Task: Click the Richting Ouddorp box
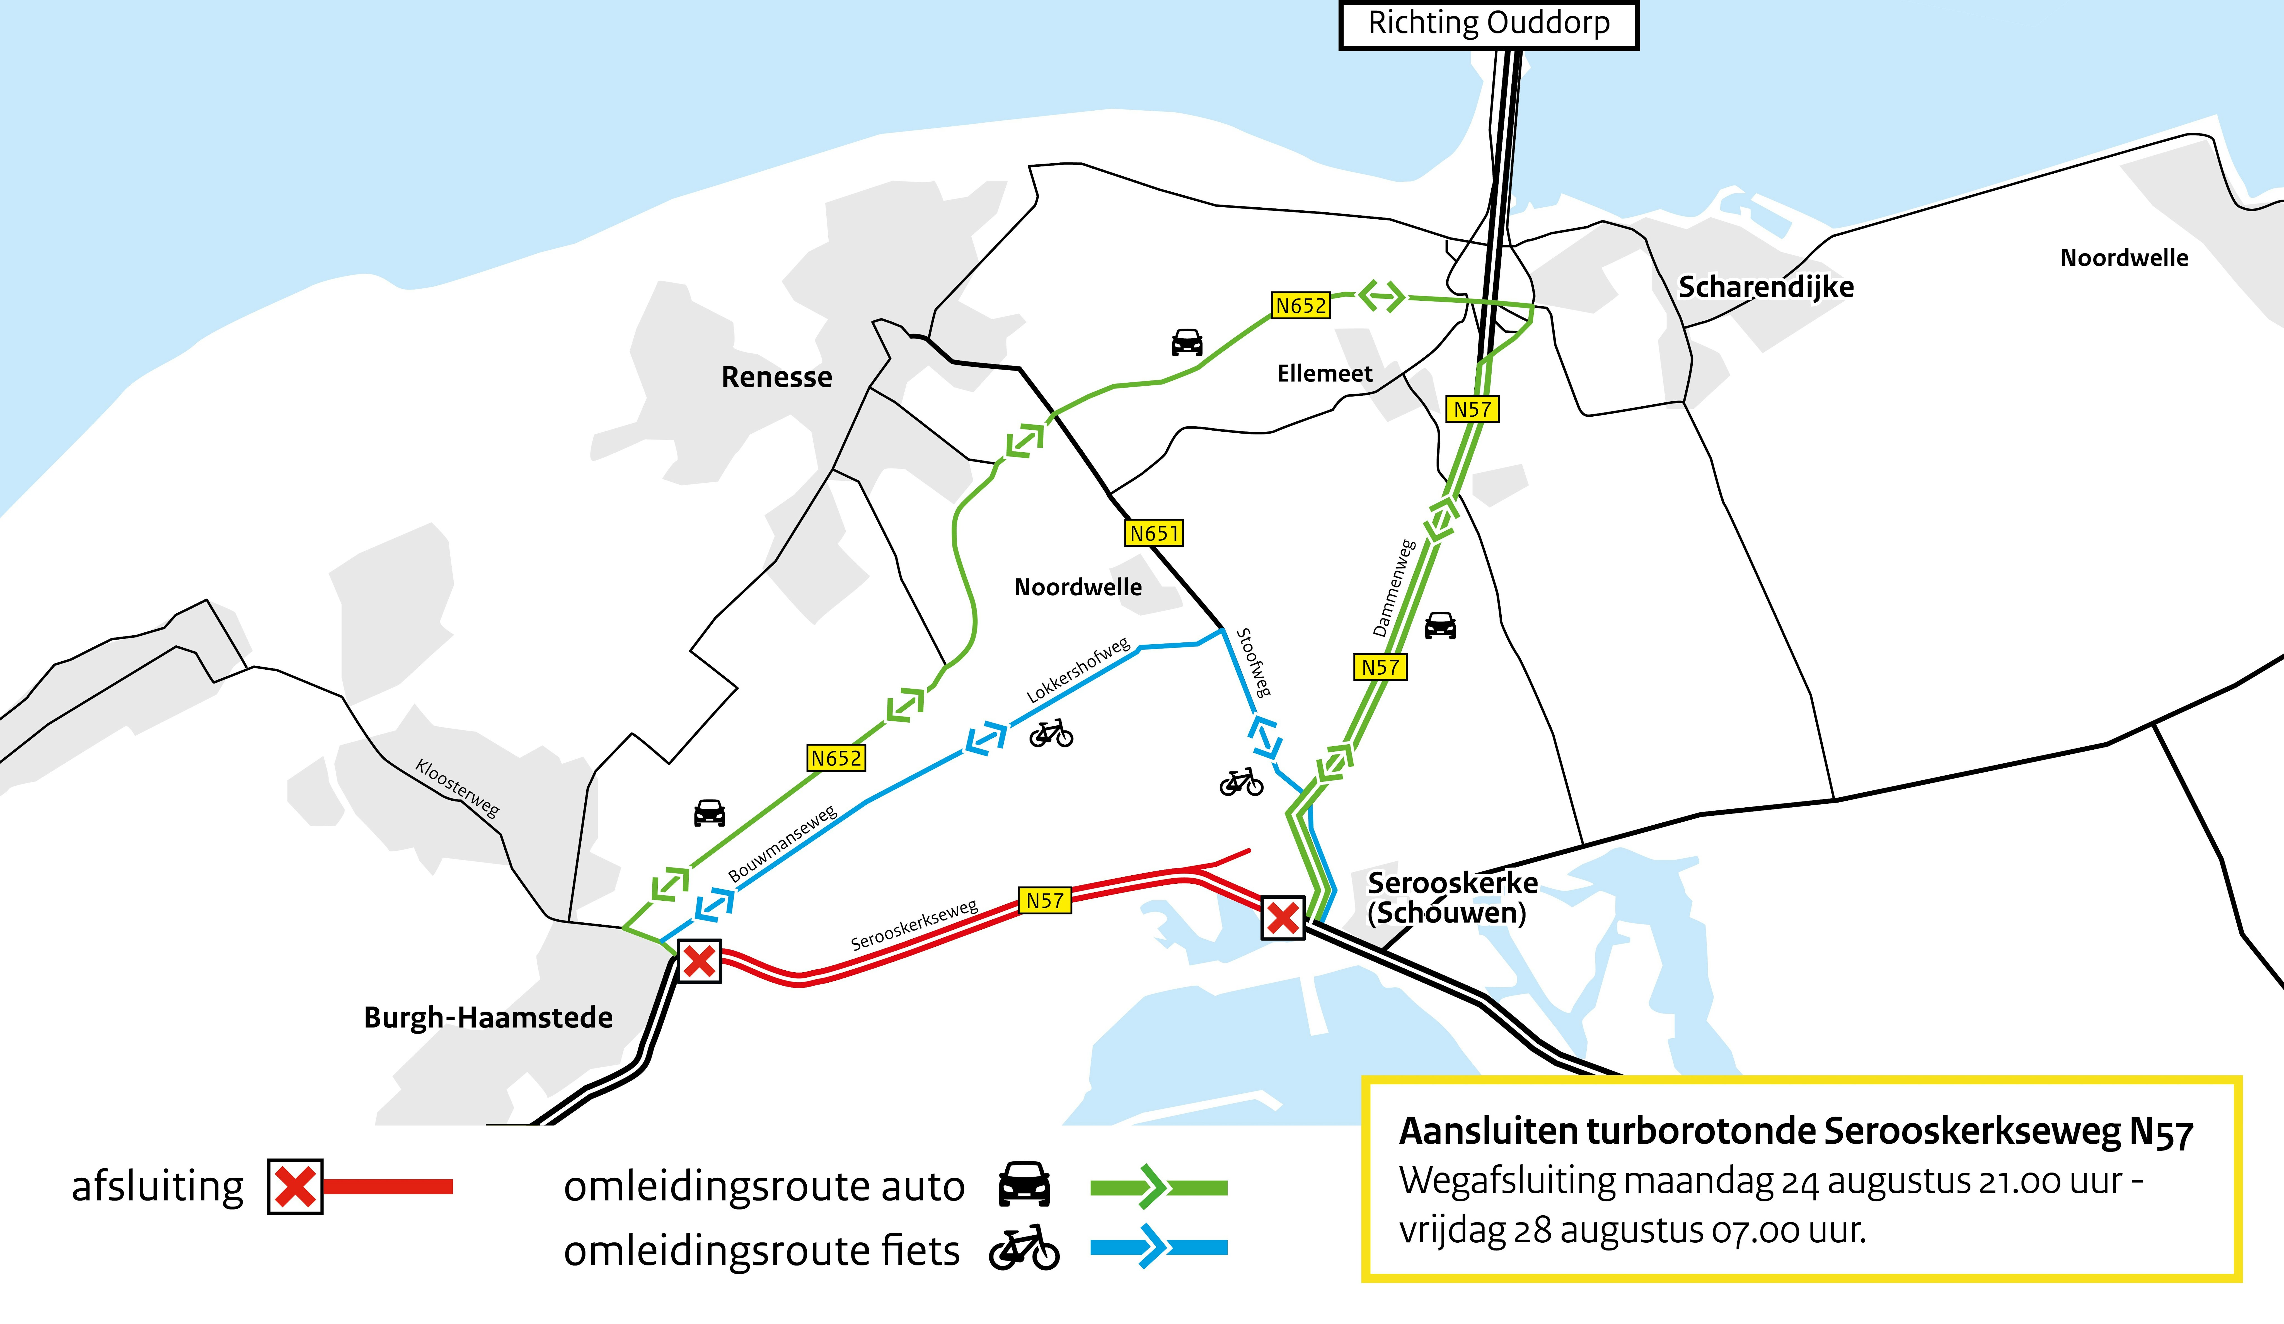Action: coord(1488,25)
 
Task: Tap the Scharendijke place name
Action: coord(1766,287)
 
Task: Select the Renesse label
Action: coord(777,377)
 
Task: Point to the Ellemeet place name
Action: coord(1324,373)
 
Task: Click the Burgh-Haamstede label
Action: coord(488,1018)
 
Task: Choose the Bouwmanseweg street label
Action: coord(782,844)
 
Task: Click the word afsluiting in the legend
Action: coord(158,1186)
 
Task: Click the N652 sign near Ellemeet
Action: coord(1301,305)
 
